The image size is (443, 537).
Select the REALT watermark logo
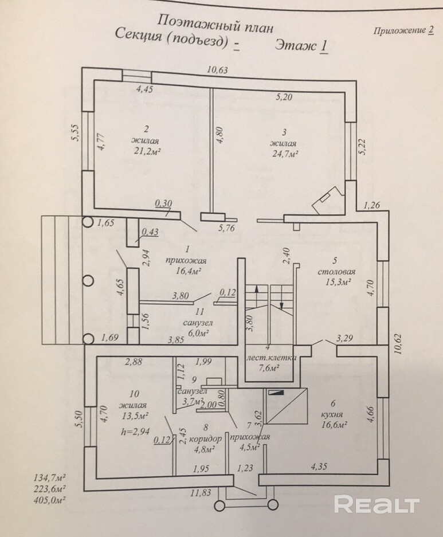click(x=377, y=504)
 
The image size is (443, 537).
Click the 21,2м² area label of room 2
click(x=147, y=151)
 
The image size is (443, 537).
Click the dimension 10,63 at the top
click(x=217, y=70)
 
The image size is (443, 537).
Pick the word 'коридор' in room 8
click(x=205, y=438)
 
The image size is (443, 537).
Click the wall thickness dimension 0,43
click(x=150, y=232)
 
